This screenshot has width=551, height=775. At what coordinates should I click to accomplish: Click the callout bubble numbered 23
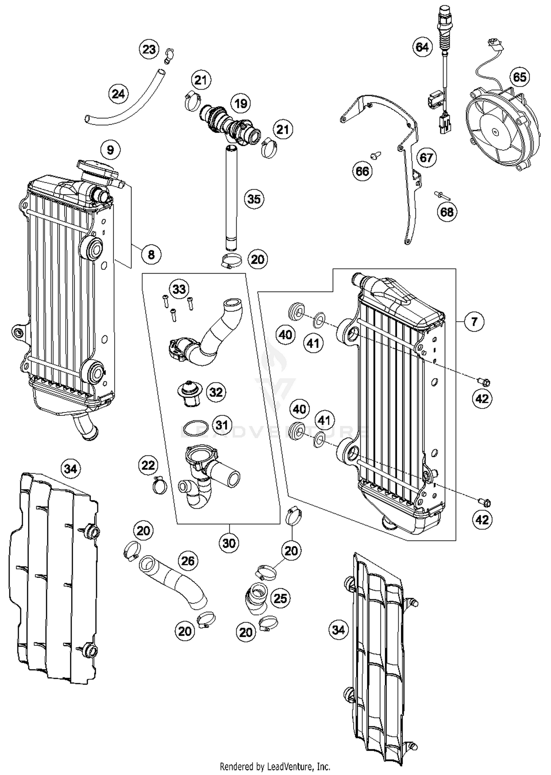click(x=149, y=49)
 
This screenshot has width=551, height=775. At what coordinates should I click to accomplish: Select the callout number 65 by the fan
click(x=519, y=77)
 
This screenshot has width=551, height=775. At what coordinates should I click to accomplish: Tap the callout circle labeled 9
click(x=110, y=150)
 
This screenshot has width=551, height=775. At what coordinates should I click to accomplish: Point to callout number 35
click(x=254, y=199)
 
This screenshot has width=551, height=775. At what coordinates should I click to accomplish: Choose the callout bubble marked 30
click(x=229, y=543)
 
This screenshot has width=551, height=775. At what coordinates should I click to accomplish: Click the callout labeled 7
click(x=474, y=322)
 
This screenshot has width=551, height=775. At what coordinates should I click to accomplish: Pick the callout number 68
click(x=447, y=212)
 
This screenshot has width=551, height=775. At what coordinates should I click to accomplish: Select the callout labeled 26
click(x=188, y=561)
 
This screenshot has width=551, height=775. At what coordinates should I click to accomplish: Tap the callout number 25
click(x=280, y=598)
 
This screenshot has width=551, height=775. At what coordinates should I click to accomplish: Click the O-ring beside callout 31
click(x=196, y=428)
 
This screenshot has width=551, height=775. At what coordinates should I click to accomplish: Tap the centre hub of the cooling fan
click(x=494, y=132)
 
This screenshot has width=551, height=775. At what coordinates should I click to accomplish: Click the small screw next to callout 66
click(x=375, y=156)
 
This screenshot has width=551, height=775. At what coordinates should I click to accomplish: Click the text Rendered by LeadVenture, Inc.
click(x=275, y=767)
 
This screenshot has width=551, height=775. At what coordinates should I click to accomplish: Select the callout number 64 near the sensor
click(x=422, y=47)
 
